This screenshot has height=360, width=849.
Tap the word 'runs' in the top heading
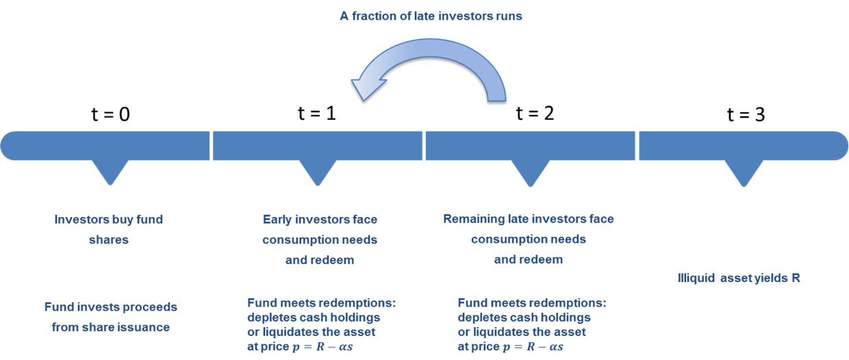coord(507,16)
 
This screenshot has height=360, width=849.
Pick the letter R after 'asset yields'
coord(796,279)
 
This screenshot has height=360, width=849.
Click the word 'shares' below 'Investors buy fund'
coord(109,240)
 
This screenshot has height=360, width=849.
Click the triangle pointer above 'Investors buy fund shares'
coord(109,173)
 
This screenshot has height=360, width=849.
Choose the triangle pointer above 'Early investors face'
coord(317,173)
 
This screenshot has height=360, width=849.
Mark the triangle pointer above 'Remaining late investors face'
coord(529,173)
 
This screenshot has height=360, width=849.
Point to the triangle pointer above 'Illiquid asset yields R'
coord(744,173)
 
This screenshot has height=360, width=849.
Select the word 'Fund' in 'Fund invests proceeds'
coord(57,307)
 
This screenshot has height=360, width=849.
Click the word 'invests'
coord(96,307)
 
